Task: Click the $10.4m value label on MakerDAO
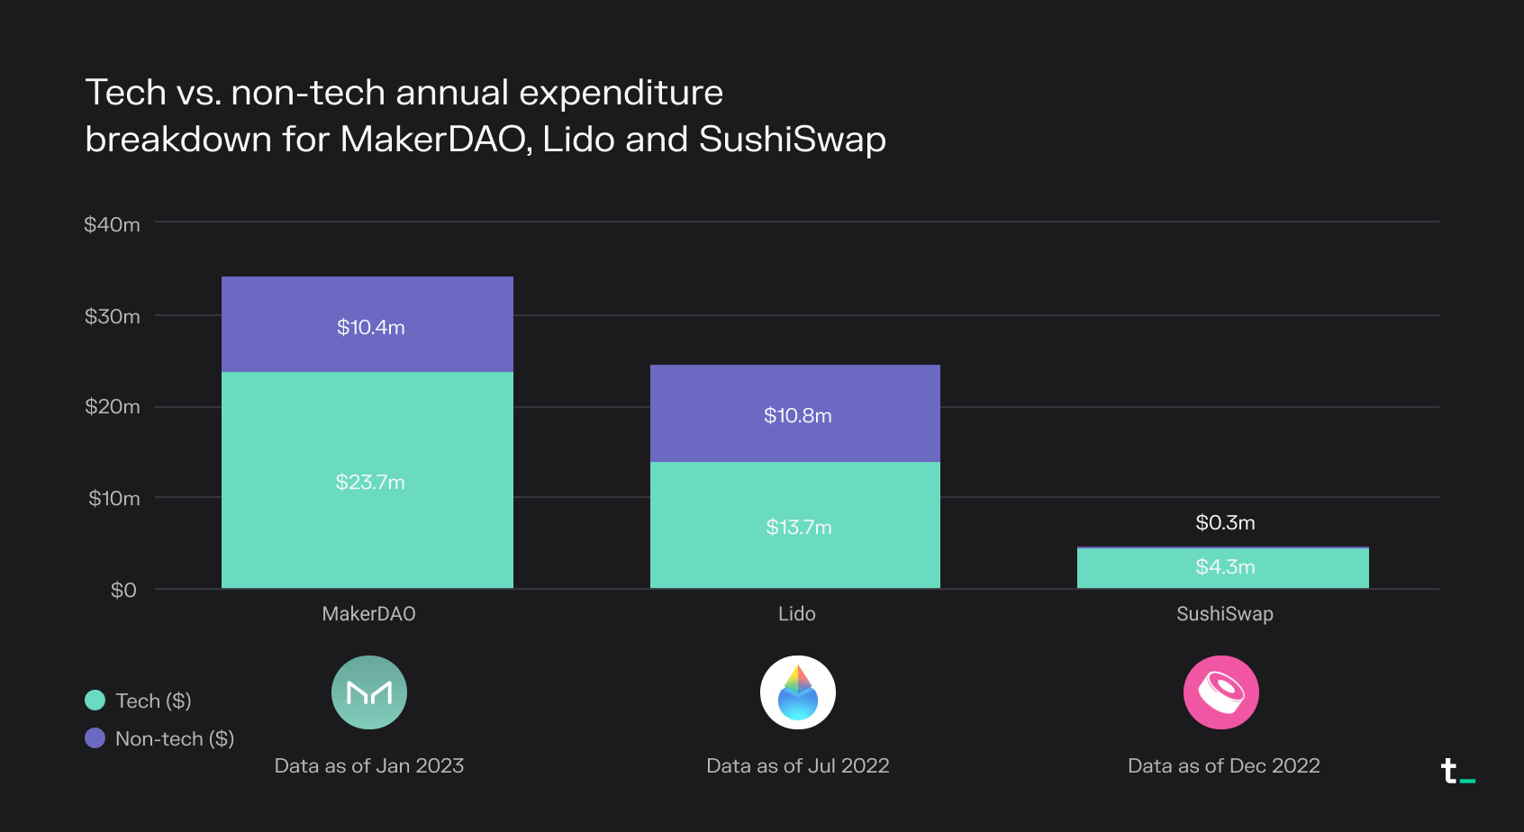coord(370,327)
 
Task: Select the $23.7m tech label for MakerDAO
coord(369,482)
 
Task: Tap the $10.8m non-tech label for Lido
coord(797,415)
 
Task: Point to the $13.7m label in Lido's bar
coord(798,527)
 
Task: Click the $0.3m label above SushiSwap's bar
coord(1225,522)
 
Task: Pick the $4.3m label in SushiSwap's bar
coord(1225,566)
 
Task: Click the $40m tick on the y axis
coord(112,224)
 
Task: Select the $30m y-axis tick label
coord(112,316)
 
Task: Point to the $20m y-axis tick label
coord(112,406)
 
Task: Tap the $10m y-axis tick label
coord(113,498)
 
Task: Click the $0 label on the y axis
coord(123,590)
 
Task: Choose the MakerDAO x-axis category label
coord(368,613)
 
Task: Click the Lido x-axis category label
coord(796,613)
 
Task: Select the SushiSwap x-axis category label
coord(1224,613)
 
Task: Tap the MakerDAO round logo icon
coord(369,692)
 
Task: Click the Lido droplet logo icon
coord(797,692)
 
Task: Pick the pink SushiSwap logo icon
coord(1220,692)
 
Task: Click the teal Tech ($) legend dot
coord(95,701)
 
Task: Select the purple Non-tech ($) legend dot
coord(95,738)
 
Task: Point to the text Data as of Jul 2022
coord(797,765)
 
